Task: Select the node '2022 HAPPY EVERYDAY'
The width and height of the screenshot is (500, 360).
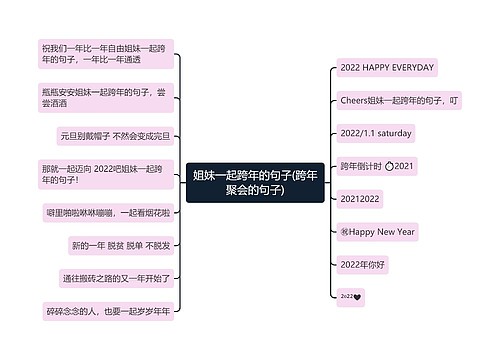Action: (387, 67)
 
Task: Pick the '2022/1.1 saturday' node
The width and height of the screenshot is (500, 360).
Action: (376, 133)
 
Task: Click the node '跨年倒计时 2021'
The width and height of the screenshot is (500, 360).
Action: (376, 166)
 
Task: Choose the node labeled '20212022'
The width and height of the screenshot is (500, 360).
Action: (361, 198)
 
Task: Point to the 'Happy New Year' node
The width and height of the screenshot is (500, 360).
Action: (377, 231)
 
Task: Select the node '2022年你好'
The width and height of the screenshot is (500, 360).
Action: (363, 264)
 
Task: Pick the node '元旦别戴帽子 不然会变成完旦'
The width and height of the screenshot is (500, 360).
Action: (115, 135)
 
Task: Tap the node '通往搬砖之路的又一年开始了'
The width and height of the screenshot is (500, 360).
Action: (116, 278)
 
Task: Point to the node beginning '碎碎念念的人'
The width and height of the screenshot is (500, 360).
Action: (107, 311)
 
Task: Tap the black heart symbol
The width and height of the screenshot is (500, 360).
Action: (356, 297)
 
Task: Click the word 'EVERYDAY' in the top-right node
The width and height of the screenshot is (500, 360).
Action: (411, 67)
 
